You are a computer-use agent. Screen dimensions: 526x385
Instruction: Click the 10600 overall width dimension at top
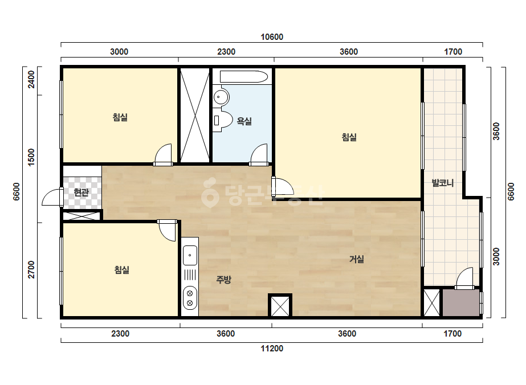point(272,37)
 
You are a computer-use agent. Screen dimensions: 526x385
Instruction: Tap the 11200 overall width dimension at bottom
point(272,349)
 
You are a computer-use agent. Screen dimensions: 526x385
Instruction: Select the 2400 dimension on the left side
point(31,79)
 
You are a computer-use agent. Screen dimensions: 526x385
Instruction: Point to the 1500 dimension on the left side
point(31,157)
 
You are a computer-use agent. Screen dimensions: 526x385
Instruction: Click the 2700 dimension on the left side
point(31,269)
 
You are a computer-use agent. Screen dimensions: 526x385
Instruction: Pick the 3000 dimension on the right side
point(496,256)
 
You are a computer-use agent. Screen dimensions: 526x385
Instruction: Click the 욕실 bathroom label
point(244,121)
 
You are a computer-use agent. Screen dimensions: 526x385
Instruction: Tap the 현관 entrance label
point(81,192)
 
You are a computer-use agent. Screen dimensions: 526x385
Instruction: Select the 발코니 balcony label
point(443,183)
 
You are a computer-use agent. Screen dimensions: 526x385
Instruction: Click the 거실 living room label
point(357,259)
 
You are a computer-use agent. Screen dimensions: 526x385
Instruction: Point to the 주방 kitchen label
point(223,280)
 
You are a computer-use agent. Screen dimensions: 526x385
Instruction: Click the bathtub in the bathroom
point(243,77)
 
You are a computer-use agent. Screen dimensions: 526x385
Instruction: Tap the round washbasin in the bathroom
point(221,97)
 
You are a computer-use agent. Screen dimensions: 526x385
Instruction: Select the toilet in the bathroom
point(222,120)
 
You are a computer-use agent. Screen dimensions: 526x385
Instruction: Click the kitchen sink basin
point(190,255)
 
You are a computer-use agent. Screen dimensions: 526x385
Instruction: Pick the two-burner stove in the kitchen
point(190,298)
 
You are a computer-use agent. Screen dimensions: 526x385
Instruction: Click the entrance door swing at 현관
point(52,197)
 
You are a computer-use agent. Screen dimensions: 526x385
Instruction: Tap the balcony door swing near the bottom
point(464,278)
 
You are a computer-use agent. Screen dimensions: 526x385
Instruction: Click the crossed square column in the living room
point(280,305)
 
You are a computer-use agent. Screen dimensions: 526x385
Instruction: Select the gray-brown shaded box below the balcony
point(461,303)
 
